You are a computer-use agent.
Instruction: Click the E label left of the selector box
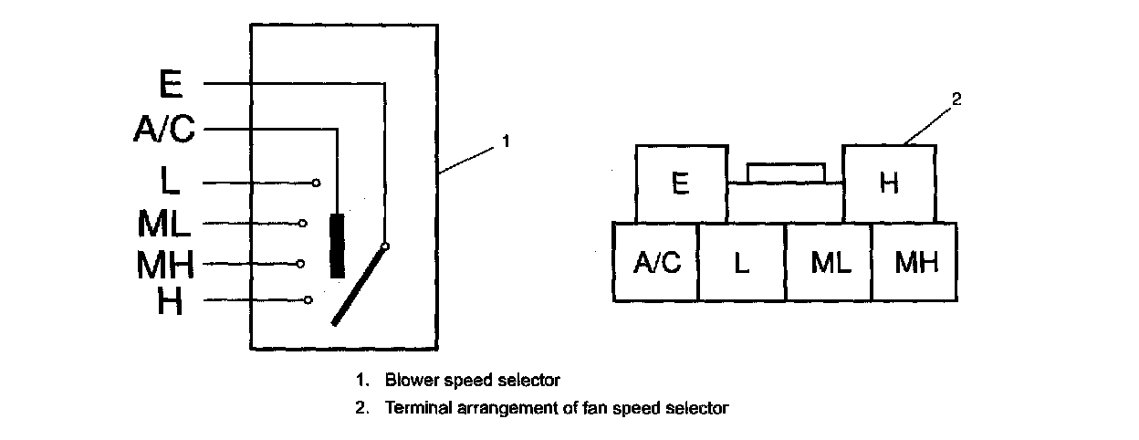(171, 84)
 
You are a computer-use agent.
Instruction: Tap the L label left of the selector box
(170, 180)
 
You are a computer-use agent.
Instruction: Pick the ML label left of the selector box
(163, 223)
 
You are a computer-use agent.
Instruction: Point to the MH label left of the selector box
(165, 264)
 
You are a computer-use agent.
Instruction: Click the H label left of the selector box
(170, 300)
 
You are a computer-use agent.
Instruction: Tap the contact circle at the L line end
(317, 183)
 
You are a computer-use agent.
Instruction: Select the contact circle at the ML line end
(303, 223)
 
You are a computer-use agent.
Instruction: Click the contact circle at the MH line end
(300, 264)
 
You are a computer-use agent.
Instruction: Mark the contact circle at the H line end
(308, 300)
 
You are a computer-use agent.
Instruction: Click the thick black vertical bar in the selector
(337, 246)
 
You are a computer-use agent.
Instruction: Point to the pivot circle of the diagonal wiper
(385, 246)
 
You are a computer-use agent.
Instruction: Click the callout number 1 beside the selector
(506, 141)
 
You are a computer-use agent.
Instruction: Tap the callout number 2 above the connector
(956, 100)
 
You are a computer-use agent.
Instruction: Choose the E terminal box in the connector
(682, 184)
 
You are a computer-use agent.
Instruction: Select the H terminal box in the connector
(889, 184)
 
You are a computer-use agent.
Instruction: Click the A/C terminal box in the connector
(656, 262)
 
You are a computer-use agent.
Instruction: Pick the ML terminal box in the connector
(829, 262)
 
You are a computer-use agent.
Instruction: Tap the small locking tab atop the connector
(786, 173)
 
